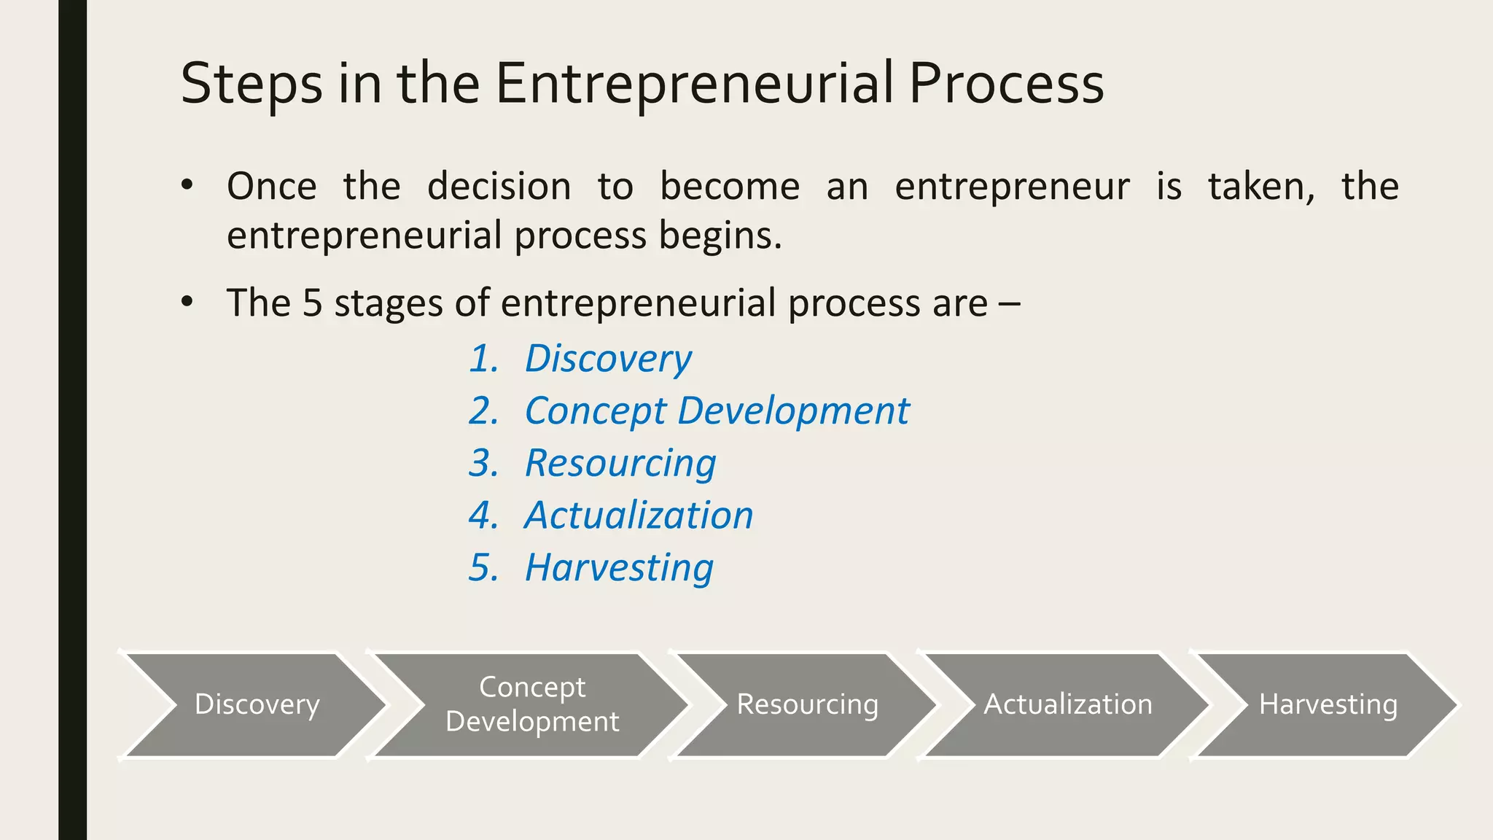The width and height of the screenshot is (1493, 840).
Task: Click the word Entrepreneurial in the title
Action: click(x=694, y=84)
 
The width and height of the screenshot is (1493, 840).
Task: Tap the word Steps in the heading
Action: click(x=251, y=84)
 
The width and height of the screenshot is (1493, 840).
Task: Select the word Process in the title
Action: click(x=1006, y=84)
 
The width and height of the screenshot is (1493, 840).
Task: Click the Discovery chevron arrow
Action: click(x=257, y=704)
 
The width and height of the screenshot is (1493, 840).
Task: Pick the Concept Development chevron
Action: click(x=532, y=704)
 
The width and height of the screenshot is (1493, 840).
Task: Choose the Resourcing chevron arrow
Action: click(x=807, y=704)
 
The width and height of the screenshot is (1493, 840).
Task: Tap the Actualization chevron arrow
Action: click(x=1068, y=704)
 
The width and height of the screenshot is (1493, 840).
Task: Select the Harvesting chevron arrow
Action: click(x=1328, y=704)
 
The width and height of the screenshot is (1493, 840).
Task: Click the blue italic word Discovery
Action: click(x=608, y=359)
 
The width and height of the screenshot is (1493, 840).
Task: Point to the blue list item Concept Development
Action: click(x=717, y=411)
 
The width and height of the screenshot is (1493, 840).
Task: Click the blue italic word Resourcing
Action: click(x=620, y=464)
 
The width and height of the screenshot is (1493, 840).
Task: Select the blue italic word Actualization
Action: click(x=639, y=516)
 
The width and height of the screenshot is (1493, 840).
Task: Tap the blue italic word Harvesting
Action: click(x=619, y=568)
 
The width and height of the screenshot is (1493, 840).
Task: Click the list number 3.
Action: click(x=483, y=464)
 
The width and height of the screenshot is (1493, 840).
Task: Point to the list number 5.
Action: click(x=483, y=568)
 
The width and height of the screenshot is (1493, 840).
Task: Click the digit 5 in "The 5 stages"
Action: click(x=312, y=303)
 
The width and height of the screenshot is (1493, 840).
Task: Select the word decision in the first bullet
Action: click(x=499, y=187)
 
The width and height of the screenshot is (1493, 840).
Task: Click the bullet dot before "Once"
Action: click(x=187, y=185)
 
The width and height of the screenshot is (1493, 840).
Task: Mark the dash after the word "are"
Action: click(x=1010, y=303)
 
